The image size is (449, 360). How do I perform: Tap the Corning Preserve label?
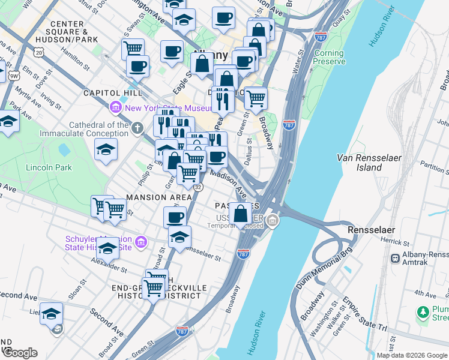click(x=330, y=57)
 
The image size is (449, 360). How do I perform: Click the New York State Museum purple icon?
click(x=116, y=108)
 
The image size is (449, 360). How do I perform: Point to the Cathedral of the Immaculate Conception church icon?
click(x=137, y=128)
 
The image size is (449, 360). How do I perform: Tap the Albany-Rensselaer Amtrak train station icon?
click(x=396, y=258)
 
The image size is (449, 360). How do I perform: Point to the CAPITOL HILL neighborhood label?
click(x=113, y=93)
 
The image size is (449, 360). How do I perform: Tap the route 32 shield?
click(x=197, y=187)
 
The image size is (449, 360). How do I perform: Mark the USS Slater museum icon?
click(x=273, y=222)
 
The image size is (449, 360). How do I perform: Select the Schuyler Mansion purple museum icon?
click(x=141, y=242)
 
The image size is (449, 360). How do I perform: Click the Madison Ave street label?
click(x=229, y=183)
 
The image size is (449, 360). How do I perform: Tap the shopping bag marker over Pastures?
click(x=241, y=214)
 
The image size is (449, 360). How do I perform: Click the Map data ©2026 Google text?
click(x=412, y=355)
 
